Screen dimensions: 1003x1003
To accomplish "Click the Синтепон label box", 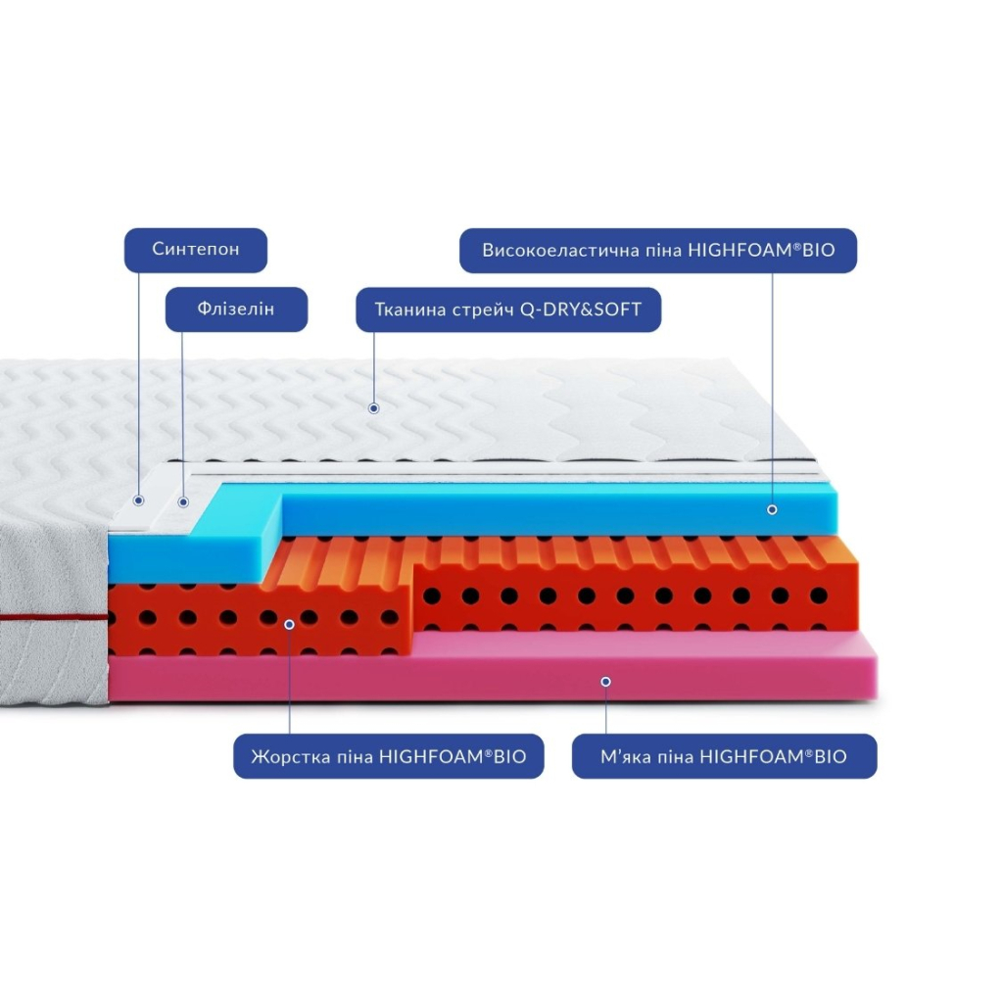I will [196, 250].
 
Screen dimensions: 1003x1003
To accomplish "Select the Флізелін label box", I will [236, 310].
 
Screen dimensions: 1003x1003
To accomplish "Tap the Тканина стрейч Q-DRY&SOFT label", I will [507, 310].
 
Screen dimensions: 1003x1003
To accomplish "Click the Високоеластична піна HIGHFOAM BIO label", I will [658, 250].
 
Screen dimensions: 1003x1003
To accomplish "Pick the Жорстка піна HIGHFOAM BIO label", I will [388, 756].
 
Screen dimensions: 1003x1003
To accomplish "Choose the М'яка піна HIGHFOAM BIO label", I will [724, 756].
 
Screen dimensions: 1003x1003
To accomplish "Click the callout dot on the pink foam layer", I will [605, 681].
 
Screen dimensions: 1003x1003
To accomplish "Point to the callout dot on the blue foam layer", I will [772, 509].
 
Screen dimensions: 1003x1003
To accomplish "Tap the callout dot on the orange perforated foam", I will [289, 623].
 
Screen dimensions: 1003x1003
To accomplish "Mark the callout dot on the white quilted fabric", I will [373, 407].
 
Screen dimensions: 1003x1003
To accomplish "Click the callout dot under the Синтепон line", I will [139, 501].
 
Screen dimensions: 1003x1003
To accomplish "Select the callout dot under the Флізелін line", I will [182, 502].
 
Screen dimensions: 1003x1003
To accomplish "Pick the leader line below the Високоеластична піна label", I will [772, 392].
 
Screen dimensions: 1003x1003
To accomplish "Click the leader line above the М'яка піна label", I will [605, 710].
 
